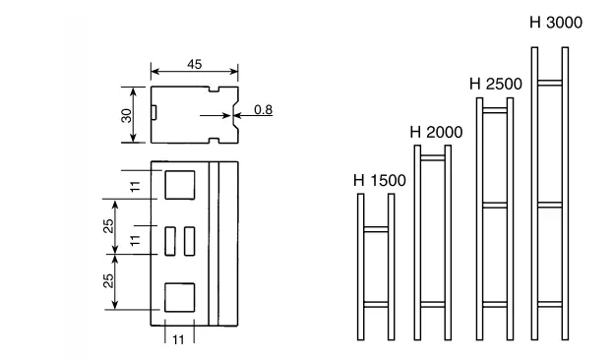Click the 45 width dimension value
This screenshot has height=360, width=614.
(x=195, y=64)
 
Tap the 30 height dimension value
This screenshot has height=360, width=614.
(x=127, y=115)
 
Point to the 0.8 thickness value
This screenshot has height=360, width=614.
(x=263, y=109)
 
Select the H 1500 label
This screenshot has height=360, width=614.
(x=380, y=180)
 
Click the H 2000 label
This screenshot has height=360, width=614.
(x=436, y=132)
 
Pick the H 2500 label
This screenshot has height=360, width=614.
(x=496, y=85)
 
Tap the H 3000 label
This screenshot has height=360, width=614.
(x=556, y=23)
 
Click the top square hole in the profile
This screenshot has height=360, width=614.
(x=180, y=185)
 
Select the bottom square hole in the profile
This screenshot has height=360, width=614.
(x=180, y=297)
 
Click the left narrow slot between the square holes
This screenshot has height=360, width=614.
(x=170, y=241)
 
